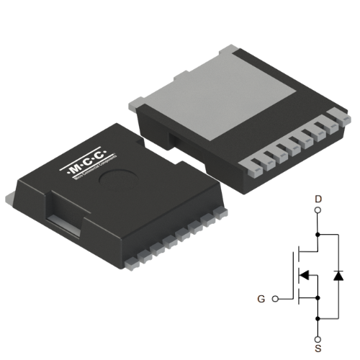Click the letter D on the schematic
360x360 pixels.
point(318,197)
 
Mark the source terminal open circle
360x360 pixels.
point(318,334)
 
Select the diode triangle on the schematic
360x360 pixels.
point(339,275)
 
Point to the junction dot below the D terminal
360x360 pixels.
point(318,234)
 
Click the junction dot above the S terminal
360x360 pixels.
point(318,315)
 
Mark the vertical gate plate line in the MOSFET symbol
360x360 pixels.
point(293,274)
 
